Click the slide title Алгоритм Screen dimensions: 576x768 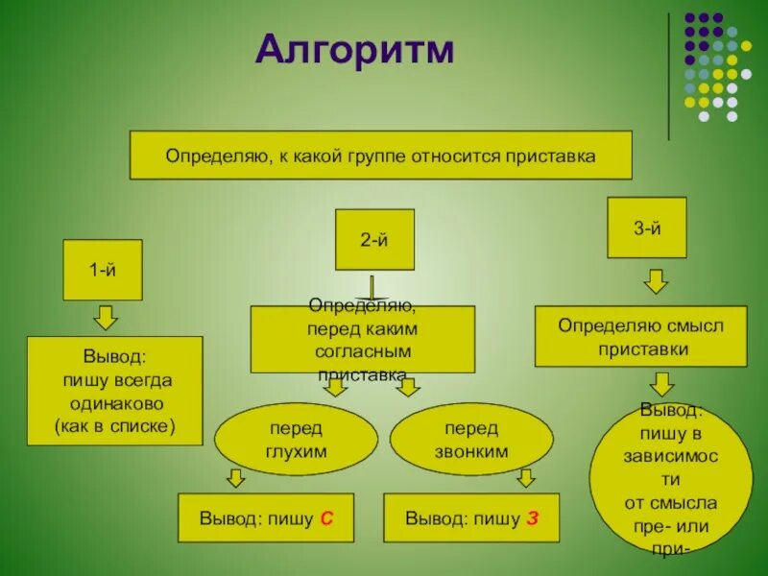[354, 51]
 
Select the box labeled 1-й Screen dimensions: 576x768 [103, 270]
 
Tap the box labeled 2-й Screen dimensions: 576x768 [374, 239]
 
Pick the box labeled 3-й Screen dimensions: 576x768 [647, 228]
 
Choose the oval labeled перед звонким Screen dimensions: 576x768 [471, 439]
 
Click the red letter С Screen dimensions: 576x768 [326, 519]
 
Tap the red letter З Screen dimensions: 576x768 [532, 519]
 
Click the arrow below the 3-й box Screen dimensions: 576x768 [656, 281]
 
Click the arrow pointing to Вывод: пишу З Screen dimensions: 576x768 [524, 477]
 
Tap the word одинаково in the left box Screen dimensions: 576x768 [115, 403]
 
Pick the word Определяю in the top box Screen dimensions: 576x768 [218, 155]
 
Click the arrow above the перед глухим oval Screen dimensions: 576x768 [335, 387]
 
